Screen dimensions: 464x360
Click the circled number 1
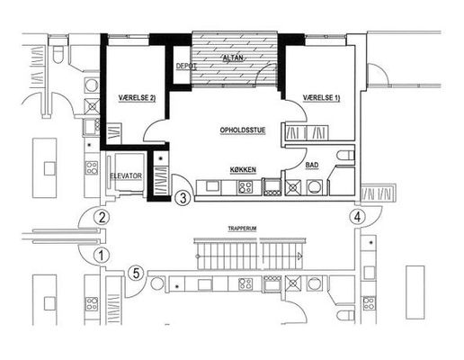[x=102, y=256]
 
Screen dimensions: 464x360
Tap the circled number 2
[x=102, y=217]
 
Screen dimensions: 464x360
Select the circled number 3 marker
[x=183, y=198]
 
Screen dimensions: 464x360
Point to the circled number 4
[x=357, y=217]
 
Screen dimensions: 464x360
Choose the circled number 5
[x=136, y=274]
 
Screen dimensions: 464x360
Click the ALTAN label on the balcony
[x=233, y=58]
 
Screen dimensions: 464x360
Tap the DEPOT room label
[x=186, y=66]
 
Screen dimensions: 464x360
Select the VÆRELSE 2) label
[x=137, y=98]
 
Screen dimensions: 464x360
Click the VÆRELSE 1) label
[x=322, y=98]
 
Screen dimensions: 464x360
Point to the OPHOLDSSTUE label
[x=243, y=130]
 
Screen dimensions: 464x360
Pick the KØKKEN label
[x=243, y=170]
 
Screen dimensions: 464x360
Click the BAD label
[x=312, y=165]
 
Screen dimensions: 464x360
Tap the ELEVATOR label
[x=126, y=175]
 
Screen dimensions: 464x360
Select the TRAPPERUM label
[x=242, y=229]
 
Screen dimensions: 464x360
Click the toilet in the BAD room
[x=346, y=156]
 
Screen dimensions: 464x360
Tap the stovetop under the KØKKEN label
[x=245, y=187]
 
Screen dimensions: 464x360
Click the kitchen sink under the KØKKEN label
[x=212, y=186]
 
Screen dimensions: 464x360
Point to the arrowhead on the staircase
[x=299, y=256]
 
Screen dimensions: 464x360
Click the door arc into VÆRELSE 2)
[x=151, y=126]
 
